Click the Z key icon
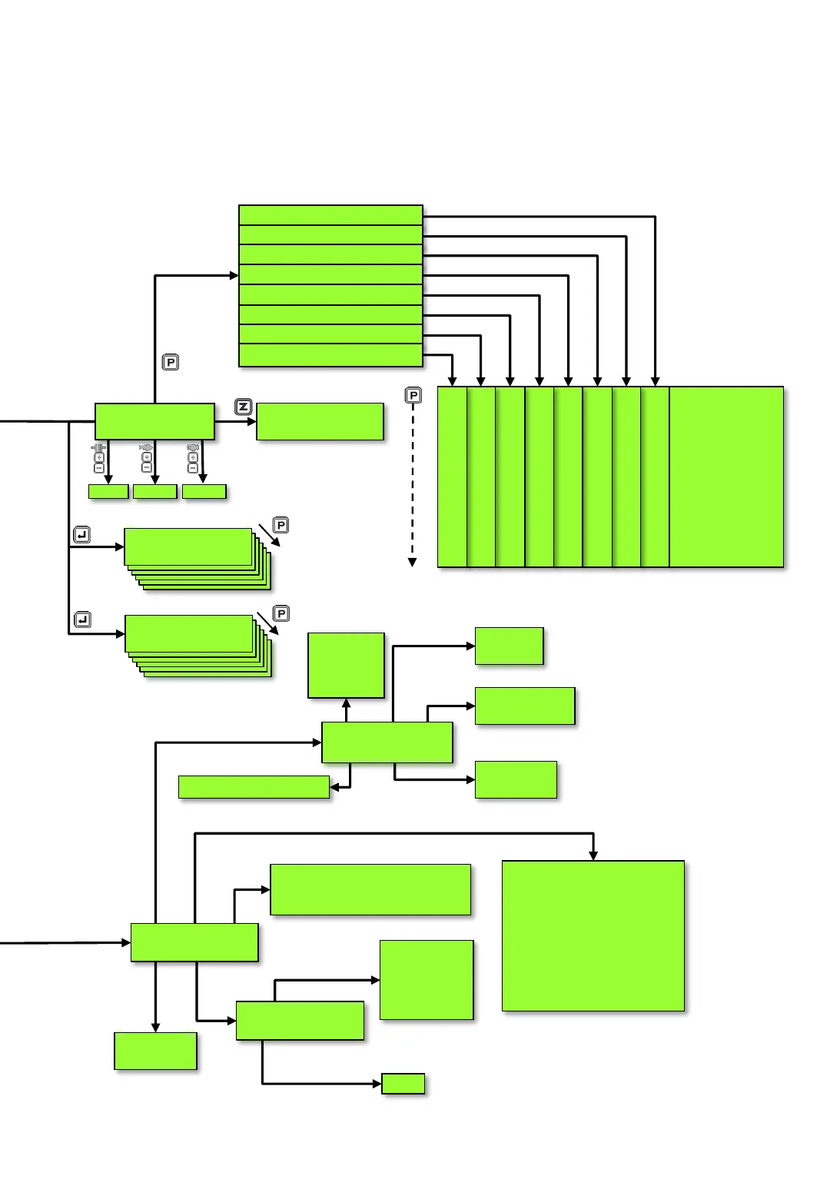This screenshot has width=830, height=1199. [x=244, y=407]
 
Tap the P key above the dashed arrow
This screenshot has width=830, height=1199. [x=413, y=395]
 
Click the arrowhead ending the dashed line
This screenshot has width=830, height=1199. [x=412, y=563]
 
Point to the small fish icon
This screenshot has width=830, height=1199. [x=146, y=447]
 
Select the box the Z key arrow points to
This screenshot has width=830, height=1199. [x=320, y=422]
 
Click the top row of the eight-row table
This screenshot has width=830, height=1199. [x=330, y=215]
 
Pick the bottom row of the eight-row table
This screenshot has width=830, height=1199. [x=330, y=355]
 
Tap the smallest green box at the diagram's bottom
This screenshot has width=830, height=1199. [x=403, y=1084]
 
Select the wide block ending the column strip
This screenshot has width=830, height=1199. [x=726, y=477]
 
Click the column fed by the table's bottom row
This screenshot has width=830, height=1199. [x=452, y=477]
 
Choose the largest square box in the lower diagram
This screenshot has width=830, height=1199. [x=593, y=935]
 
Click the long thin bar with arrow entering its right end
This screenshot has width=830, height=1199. [x=254, y=787]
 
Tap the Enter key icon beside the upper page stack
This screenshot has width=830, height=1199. [x=82, y=535]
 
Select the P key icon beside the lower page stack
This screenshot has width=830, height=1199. [x=281, y=613]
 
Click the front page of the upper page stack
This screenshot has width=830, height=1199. [x=188, y=546]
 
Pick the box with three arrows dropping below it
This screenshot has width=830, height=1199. [x=154, y=422]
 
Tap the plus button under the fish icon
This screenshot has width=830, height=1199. [x=147, y=458]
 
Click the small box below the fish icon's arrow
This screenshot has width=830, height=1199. [x=155, y=492]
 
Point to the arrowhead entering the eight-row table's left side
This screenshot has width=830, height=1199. [x=234, y=275]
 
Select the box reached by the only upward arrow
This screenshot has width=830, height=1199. [x=346, y=666]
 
